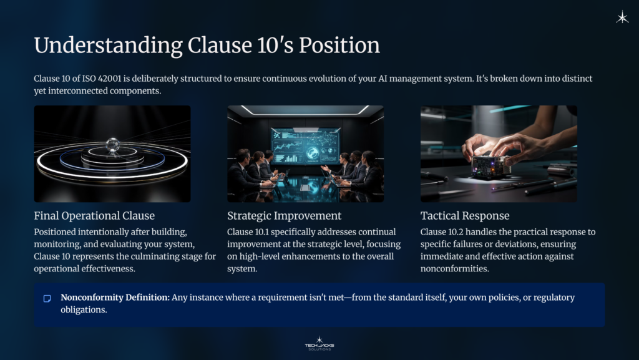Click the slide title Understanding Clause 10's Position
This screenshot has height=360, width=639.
(207, 46)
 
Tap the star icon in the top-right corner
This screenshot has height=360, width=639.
(622, 17)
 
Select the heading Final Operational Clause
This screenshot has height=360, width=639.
(94, 216)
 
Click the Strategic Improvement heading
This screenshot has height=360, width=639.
(284, 216)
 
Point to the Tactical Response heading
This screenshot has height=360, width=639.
(465, 216)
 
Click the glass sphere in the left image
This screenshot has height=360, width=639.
(112, 145)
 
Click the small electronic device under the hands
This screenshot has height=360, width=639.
(490, 166)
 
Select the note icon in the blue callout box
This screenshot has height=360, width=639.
(47, 298)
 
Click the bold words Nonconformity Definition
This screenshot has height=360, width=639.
(115, 298)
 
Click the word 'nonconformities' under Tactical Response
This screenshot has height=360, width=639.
(455, 269)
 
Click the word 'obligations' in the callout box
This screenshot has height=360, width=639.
(84, 310)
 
